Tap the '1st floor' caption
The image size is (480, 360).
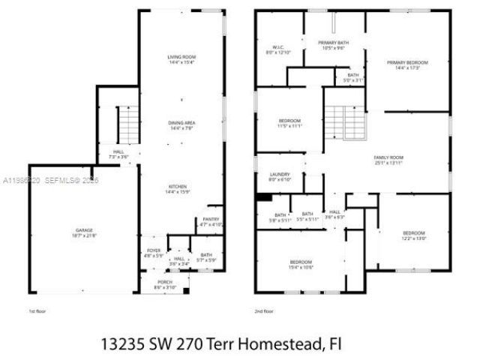pyautogui.click(x=37, y=310)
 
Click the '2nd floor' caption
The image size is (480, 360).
pyautogui.click(x=264, y=310)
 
